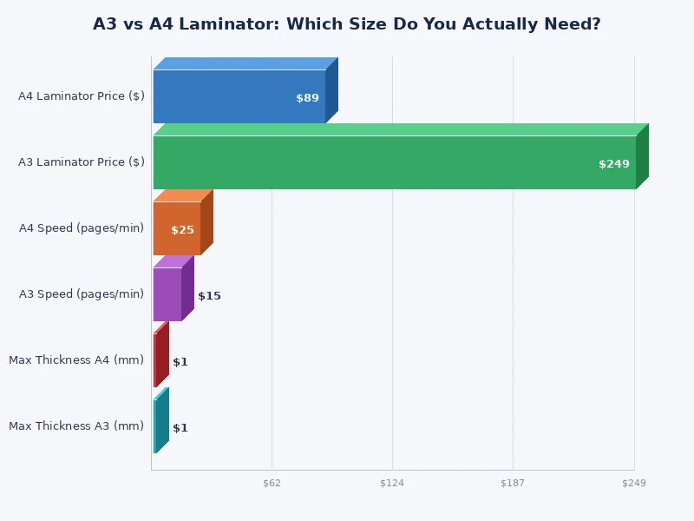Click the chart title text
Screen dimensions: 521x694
point(347,24)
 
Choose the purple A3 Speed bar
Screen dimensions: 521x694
point(167,294)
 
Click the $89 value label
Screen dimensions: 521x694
point(307,98)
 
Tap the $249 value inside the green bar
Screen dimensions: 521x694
point(613,164)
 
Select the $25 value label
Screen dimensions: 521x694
point(182,230)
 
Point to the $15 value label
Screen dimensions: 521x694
point(209,296)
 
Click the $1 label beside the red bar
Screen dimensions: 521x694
point(180,362)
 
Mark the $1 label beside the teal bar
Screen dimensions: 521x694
point(180,428)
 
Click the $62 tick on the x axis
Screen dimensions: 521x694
point(272,483)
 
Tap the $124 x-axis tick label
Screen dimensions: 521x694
point(392,483)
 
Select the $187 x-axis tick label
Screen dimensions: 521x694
point(513,483)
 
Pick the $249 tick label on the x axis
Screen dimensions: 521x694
point(634,483)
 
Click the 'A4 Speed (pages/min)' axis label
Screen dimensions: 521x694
point(82,228)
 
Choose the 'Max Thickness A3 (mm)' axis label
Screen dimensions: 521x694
point(76,425)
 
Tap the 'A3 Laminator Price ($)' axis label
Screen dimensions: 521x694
point(82,162)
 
